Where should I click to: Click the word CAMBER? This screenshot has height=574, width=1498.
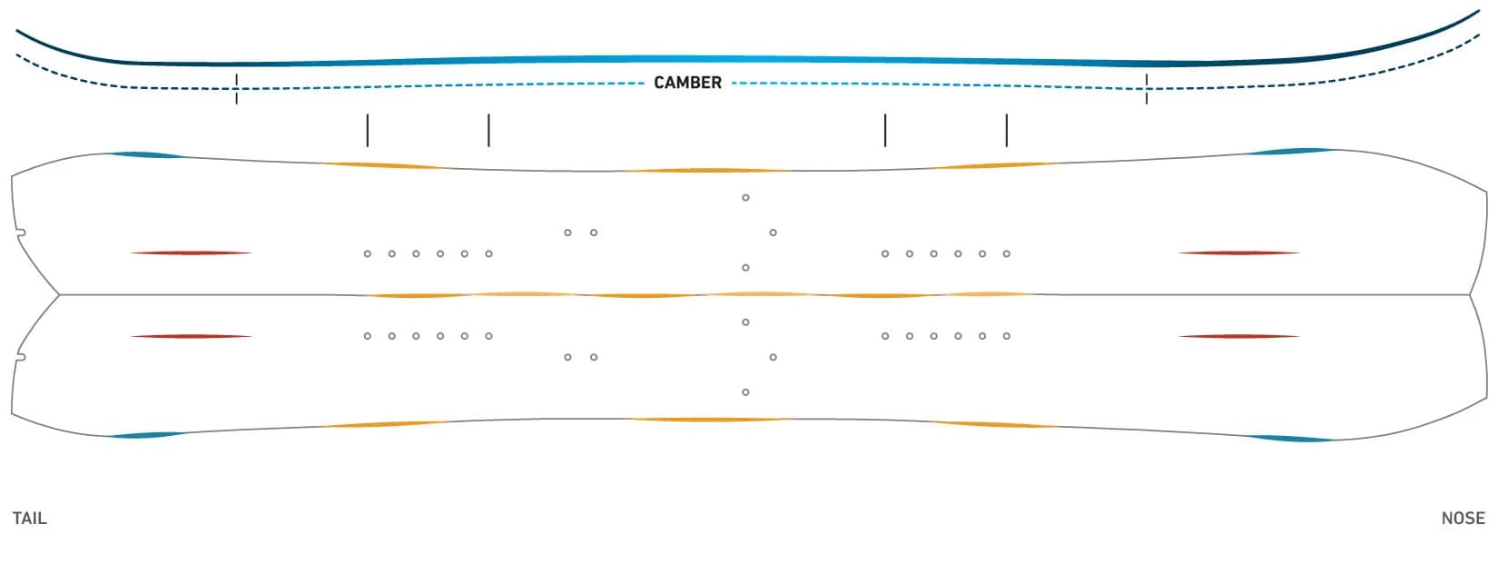[x=687, y=83]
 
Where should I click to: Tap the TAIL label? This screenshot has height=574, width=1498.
[x=29, y=519]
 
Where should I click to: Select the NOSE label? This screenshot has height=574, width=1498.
[x=1464, y=519]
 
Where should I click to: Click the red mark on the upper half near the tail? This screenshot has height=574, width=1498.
[x=192, y=252]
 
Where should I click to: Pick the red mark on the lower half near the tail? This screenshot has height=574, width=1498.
[x=192, y=336]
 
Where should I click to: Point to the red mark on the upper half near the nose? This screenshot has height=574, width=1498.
[x=1238, y=252]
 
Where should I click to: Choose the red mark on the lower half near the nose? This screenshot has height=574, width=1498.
[x=1238, y=336]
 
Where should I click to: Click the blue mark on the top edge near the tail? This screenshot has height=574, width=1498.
[x=146, y=155]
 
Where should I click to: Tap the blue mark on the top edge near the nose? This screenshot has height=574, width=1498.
[x=1292, y=151]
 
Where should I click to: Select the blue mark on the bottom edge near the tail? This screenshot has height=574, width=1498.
[x=146, y=435]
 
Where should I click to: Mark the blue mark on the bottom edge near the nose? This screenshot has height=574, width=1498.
[x=1292, y=439]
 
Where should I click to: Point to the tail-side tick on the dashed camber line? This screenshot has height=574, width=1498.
[x=236, y=89]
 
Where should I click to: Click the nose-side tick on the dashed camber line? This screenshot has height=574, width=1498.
[x=1147, y=89]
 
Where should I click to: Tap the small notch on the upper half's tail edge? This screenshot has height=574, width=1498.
[x=21, y=233]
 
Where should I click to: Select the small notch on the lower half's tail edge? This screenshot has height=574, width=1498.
[x=21, y=357]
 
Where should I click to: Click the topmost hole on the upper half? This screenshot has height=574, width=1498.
[x=745, y=197]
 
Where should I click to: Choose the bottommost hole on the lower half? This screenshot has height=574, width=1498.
[x=745, y=392]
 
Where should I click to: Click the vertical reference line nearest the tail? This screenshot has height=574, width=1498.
[x=367, y=131]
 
